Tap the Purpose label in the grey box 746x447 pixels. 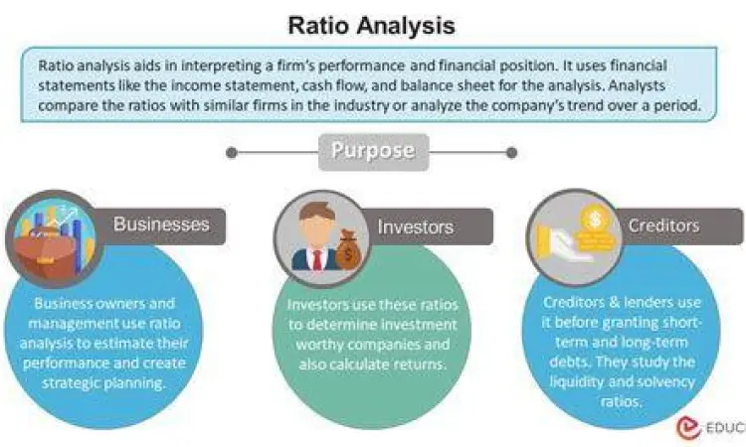(x=372, y=152)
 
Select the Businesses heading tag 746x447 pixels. (x=161, y=223)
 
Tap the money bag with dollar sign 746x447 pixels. (x=347, y=249)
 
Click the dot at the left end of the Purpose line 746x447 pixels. (x=232, y=153)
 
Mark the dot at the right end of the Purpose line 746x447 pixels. (x=512, y=153)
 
